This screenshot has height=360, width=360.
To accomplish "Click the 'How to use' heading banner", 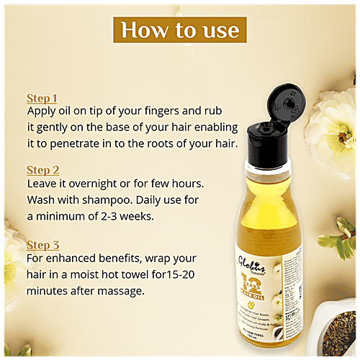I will pyautogui.click(x=179, y=30).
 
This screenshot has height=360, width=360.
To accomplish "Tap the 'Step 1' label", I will pyautogui.click(x=41, y=98).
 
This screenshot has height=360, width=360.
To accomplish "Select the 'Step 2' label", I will pyautogui.click(x=42, y=170).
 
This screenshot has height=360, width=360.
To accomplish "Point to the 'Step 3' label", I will pyautogui.click(x=42, y=244).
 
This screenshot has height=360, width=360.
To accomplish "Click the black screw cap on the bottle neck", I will pyautogui.click(x=271, y=150).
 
